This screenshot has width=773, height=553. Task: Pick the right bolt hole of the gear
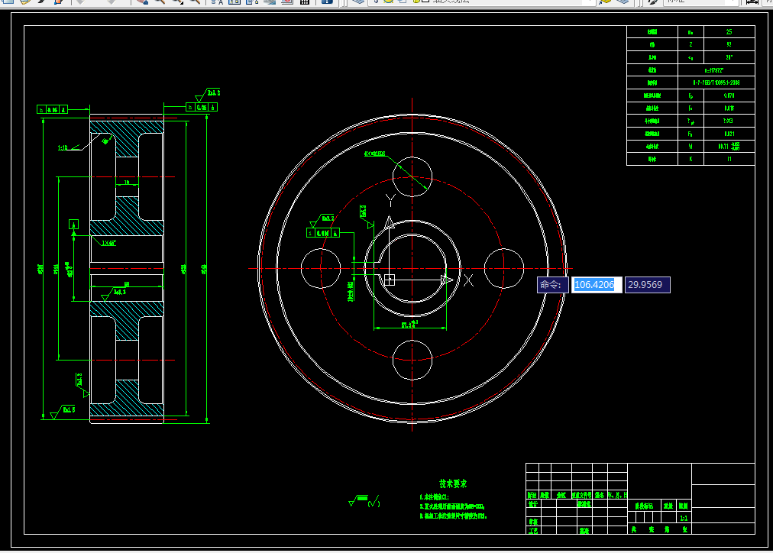click(x=503, y=268)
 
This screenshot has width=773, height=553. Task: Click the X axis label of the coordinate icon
click(x=468, y=280)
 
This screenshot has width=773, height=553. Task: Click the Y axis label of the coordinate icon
click(x=390, y=201)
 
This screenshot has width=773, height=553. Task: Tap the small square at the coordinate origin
click(x=389, y=280)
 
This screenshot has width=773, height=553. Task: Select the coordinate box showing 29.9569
click(x=647, y=285)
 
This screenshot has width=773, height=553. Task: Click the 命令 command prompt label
click(x=551, y=285)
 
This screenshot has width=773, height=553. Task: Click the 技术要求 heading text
click(x=453, y=483)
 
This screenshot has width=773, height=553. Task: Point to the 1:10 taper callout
click(x=62, y=147)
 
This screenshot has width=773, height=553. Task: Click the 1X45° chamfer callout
click(x=108, y=243)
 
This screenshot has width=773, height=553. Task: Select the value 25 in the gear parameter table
click(x=729, y=32)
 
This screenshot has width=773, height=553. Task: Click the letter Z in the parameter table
click(x=691, y=45)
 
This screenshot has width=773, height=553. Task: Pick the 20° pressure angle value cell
click(x=729, y=57)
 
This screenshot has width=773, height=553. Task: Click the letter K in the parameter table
click(x=691, y=159)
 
